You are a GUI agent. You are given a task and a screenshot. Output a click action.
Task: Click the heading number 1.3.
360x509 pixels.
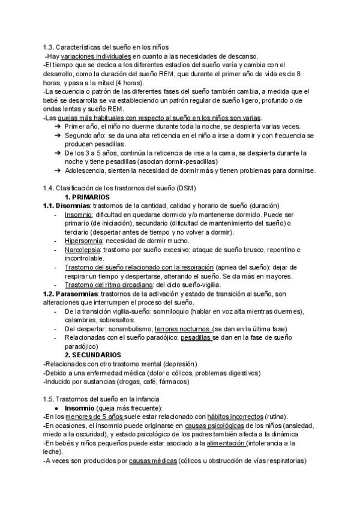pyautogui.click(x=50, y=47)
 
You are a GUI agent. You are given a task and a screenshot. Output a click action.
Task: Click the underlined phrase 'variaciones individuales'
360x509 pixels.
pyautogui.click(x=96, y=56)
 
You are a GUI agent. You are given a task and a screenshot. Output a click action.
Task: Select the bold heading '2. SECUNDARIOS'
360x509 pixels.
pyautogui.click(x=93, y=355)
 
